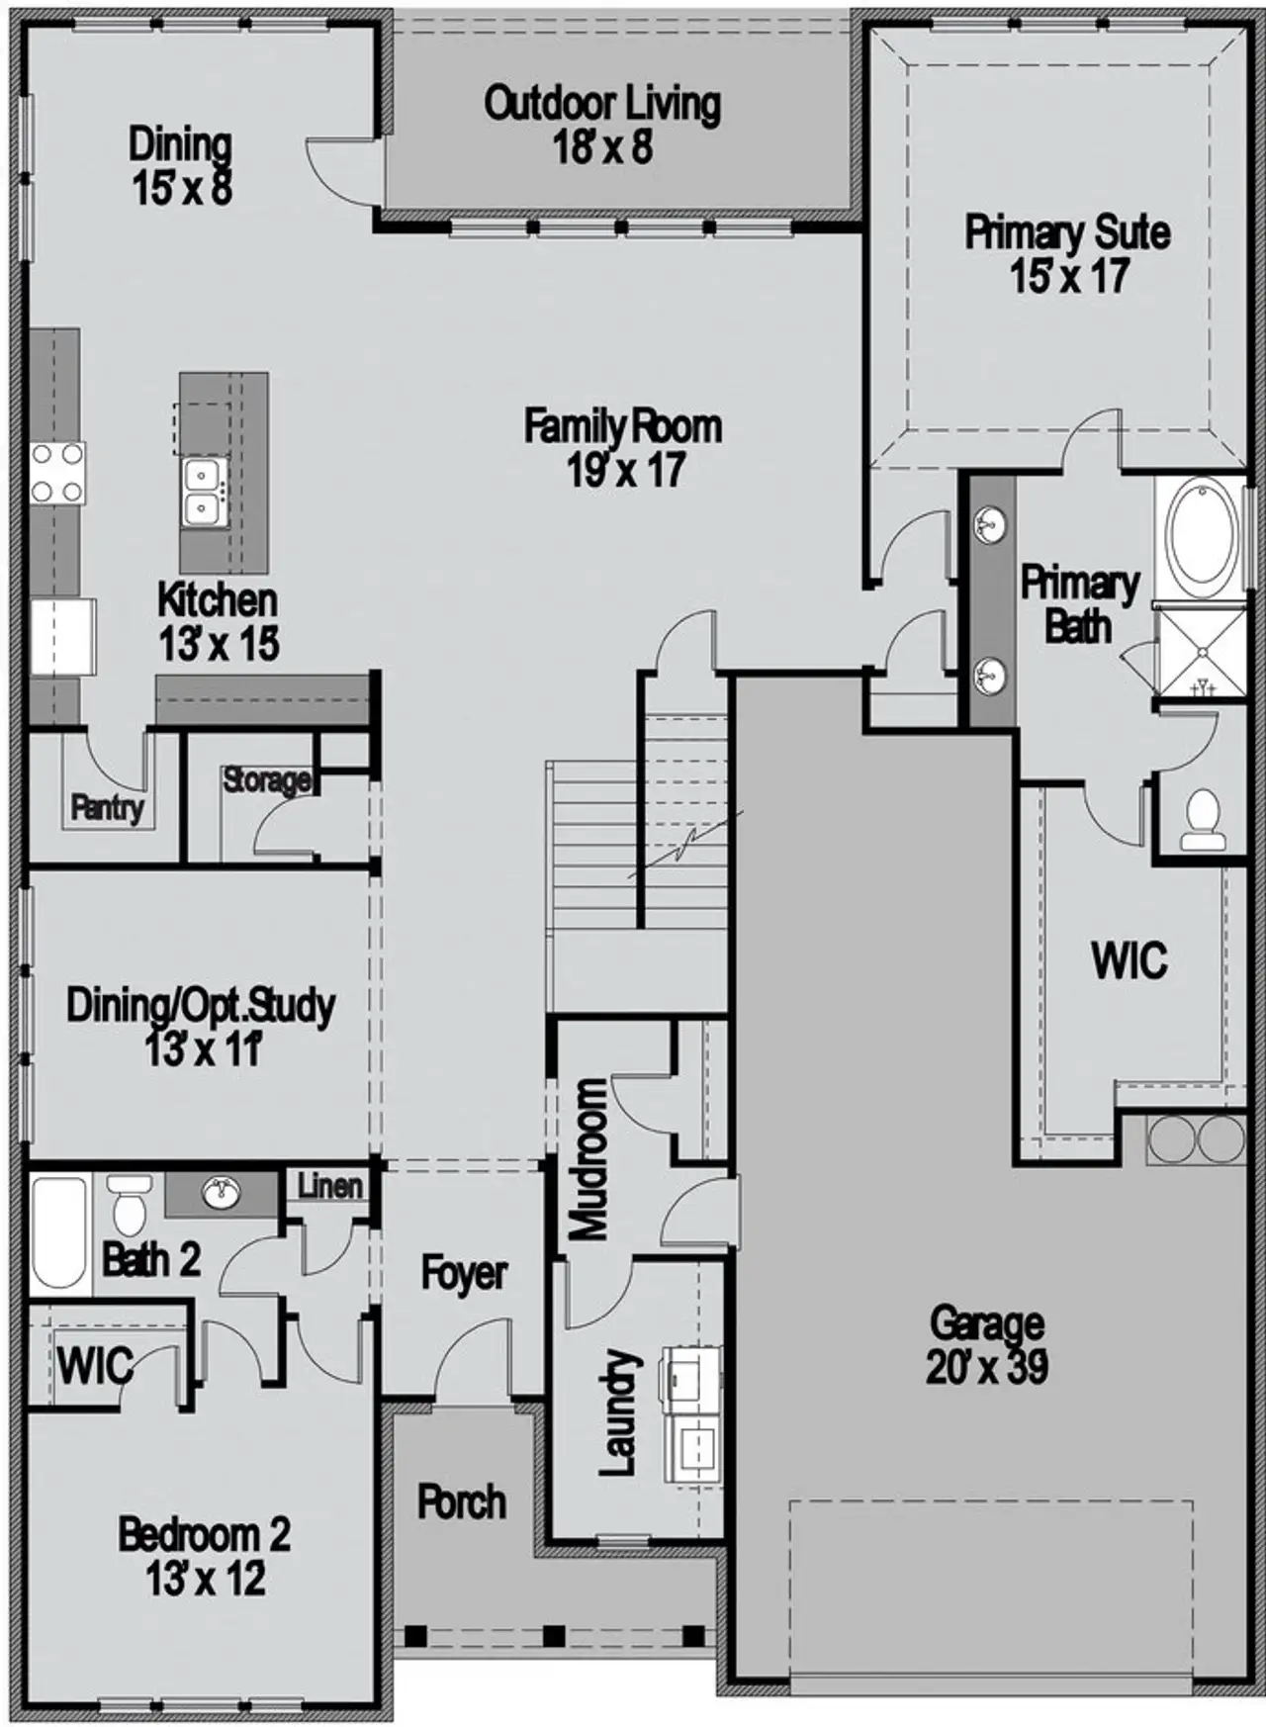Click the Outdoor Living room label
[x=602, y=126]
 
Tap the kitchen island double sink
[x=205, y=493]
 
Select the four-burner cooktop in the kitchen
[x=56, y=473]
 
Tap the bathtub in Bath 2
[x=58, y=1232]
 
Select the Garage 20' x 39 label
[x=987, y=1345]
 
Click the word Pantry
[x=107, y=807]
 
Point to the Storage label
[x=266, y=780]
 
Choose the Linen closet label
[x=329, y=1185]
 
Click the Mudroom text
[x=590, y=1159]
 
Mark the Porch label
[x=461, y=1501]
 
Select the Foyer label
[x=464, y=1273]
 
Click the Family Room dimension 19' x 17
[x=625, y=471]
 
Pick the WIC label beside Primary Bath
[x=1129, y=960]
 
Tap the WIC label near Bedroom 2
[x=94, y=1367]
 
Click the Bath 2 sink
[x=222, y=1193]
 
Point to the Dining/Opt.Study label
[x=201, y=1006]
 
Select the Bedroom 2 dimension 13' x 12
[x=206, y=1579]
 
